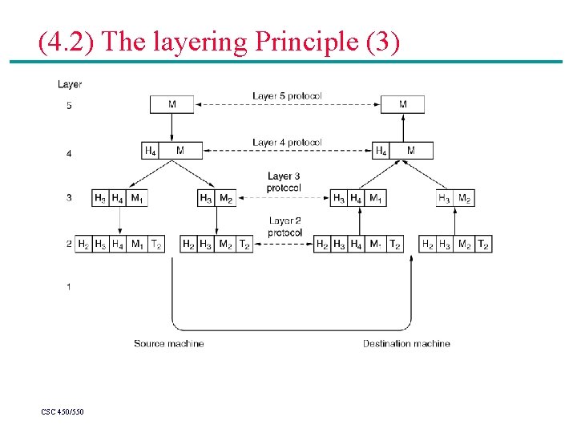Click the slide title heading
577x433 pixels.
click(219, 41)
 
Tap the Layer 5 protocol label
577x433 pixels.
click(287, 96)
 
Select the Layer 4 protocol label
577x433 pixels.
click(287, 143)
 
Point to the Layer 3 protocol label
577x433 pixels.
click(284, 182)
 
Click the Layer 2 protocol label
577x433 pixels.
click(284, 226)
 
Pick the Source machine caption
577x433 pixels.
click(168, 343)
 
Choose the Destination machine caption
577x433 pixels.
click(406, 343)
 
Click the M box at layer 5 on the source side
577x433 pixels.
click(172, 104)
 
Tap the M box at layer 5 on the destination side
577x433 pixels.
click(402, 104)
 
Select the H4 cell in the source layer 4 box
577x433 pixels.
click(151, 150)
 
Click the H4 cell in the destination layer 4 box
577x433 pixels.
click(381, 150)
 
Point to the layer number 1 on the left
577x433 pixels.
click(69, 287)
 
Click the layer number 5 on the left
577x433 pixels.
click(69, 105)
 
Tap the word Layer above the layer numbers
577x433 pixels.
click(70, 83)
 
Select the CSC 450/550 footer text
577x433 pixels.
click(63, 411)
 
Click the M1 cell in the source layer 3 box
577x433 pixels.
click(138, 197)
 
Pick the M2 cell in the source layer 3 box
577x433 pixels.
click(226, 197)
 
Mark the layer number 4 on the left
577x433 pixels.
click(69, 152)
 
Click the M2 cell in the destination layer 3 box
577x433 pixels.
click(465, 197)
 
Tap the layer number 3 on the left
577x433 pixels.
click(69, 197)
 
